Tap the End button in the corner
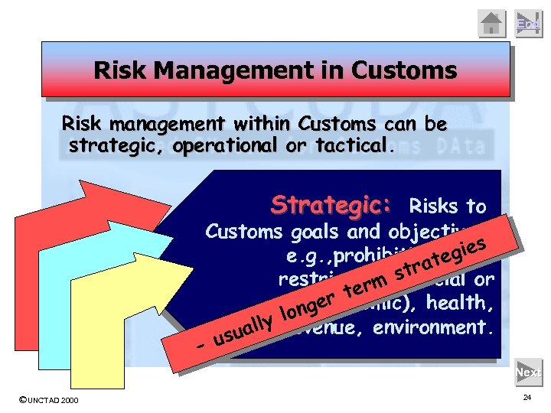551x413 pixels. [527, 23]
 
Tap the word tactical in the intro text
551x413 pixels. [351, 145]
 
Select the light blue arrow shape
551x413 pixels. [57, 306]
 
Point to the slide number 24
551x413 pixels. [527, 398]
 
